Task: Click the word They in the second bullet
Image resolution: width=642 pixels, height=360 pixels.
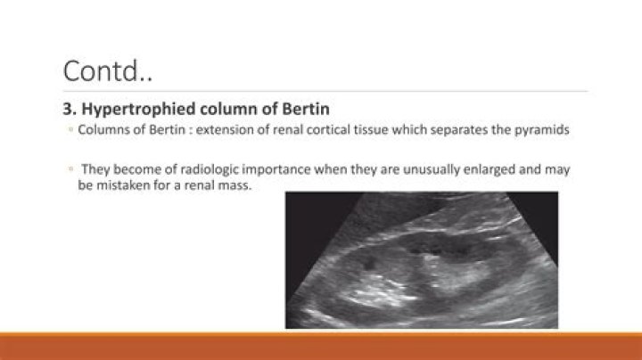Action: [x=95, y=169]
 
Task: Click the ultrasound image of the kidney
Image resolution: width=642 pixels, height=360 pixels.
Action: [x=421, y=260]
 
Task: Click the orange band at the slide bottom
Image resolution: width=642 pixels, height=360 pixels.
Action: [x=321, y=346]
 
